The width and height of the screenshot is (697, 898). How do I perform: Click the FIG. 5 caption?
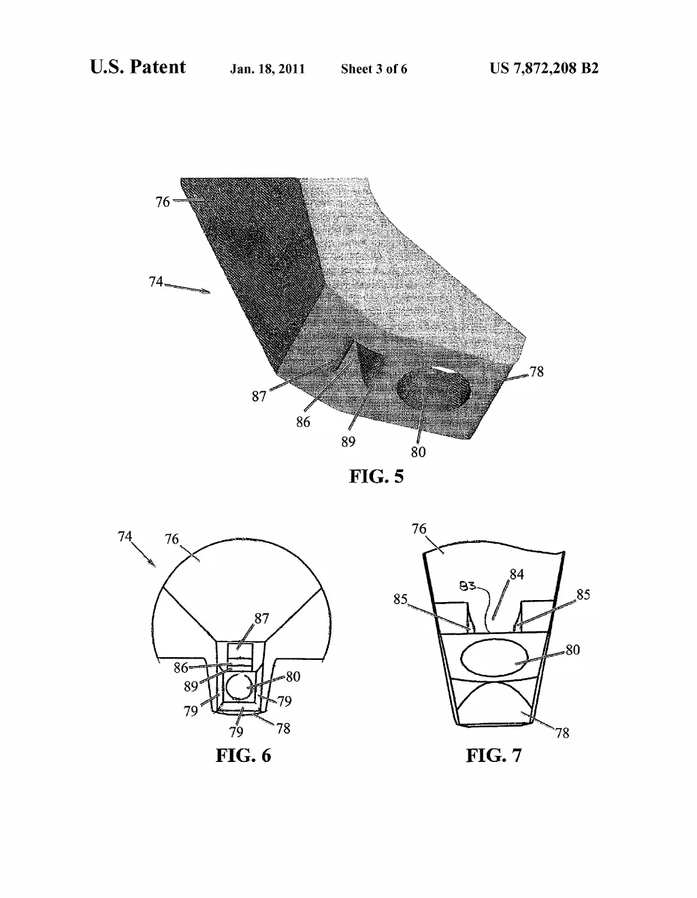376,476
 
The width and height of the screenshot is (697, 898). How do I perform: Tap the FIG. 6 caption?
243,755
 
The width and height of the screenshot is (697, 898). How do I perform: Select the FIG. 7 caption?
493,755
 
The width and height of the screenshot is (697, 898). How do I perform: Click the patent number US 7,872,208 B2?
544,68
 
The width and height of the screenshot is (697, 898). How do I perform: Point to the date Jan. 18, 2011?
268,69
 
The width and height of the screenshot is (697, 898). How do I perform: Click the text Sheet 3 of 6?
374,69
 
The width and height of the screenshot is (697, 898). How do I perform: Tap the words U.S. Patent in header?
137,67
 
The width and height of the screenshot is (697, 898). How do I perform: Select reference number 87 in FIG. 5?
259,397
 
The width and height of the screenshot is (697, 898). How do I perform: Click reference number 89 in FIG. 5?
348,442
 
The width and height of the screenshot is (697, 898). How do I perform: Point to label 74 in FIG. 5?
156,282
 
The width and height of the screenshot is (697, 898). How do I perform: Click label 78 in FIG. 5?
536,371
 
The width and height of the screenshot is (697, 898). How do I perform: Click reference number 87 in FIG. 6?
261,618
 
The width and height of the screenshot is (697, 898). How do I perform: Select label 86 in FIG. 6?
181,667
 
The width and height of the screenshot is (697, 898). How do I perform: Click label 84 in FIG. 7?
517,574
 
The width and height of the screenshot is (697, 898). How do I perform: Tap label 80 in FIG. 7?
572,650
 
